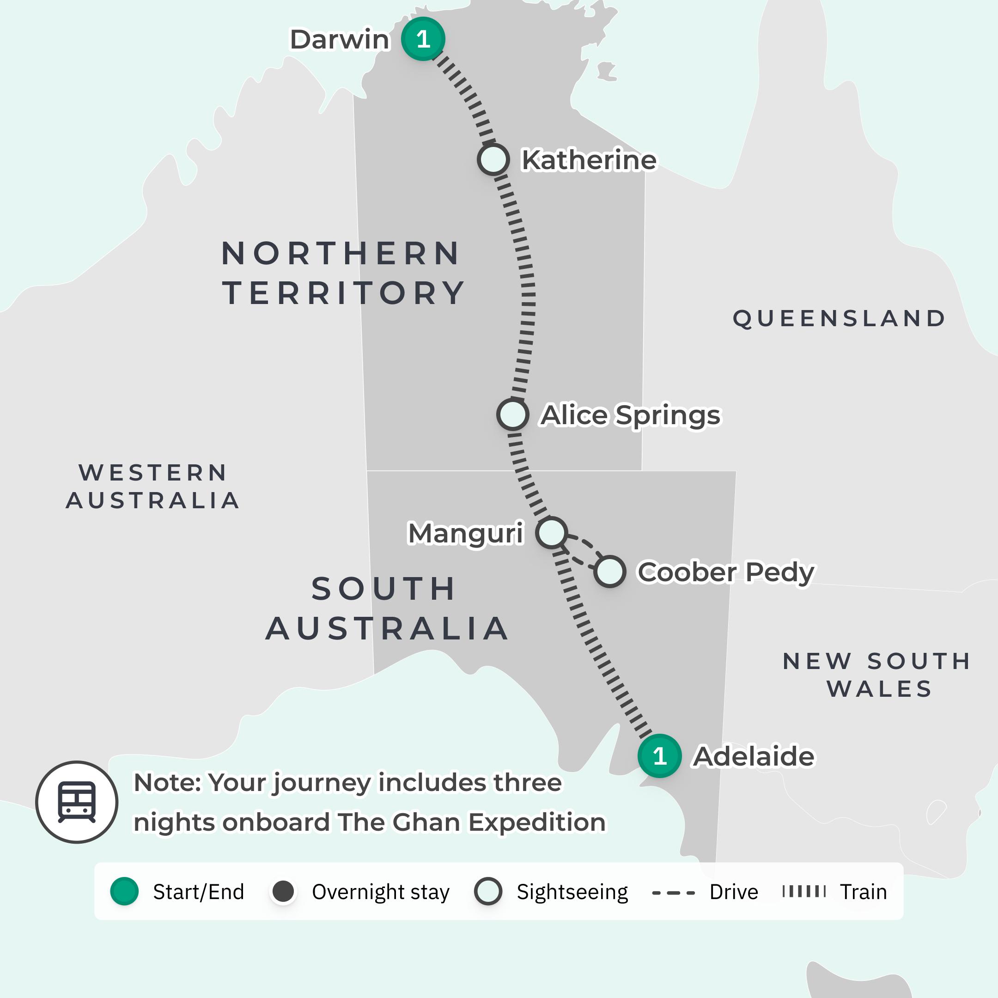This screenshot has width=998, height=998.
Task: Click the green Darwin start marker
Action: coord(423,39)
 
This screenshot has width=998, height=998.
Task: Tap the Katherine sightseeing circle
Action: coord(493,159)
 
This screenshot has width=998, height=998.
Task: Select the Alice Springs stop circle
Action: coord(512,414)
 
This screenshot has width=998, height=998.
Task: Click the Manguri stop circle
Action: coord(552,533)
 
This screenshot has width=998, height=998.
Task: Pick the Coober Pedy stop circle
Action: coord(609,572)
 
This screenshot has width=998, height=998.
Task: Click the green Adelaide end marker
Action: coord(659,756)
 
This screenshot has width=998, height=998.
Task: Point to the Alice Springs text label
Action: coord(630,415)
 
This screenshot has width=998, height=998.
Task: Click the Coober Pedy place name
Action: coord(726,572)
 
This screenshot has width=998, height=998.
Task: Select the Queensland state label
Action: coord(839,318)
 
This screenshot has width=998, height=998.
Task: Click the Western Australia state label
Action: coord(153,486)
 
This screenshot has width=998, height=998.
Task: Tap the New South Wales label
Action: coord(877,675)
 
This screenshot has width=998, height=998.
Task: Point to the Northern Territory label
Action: coord(342,273)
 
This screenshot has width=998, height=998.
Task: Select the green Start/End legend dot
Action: coord(124,891)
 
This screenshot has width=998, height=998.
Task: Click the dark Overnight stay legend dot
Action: coord(283,891)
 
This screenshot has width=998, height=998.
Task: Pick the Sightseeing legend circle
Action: coord(488,891)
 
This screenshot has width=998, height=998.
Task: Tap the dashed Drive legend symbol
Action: coord(673,892)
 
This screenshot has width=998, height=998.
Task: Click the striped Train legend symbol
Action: coord(804,891)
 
